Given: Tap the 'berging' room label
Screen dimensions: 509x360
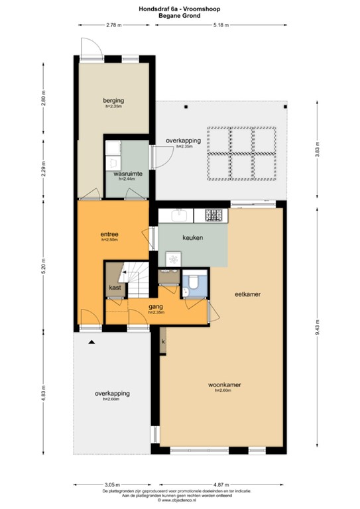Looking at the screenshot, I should point(113,100).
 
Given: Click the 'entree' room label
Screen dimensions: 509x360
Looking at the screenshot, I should point(109,234).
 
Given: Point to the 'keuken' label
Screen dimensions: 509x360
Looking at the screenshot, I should point(192,237).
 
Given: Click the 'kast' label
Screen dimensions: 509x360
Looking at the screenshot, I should point(115,288).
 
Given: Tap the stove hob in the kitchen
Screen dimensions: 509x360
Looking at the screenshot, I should point(215,215).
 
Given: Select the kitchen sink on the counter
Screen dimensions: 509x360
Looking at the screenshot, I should point(178,215).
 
